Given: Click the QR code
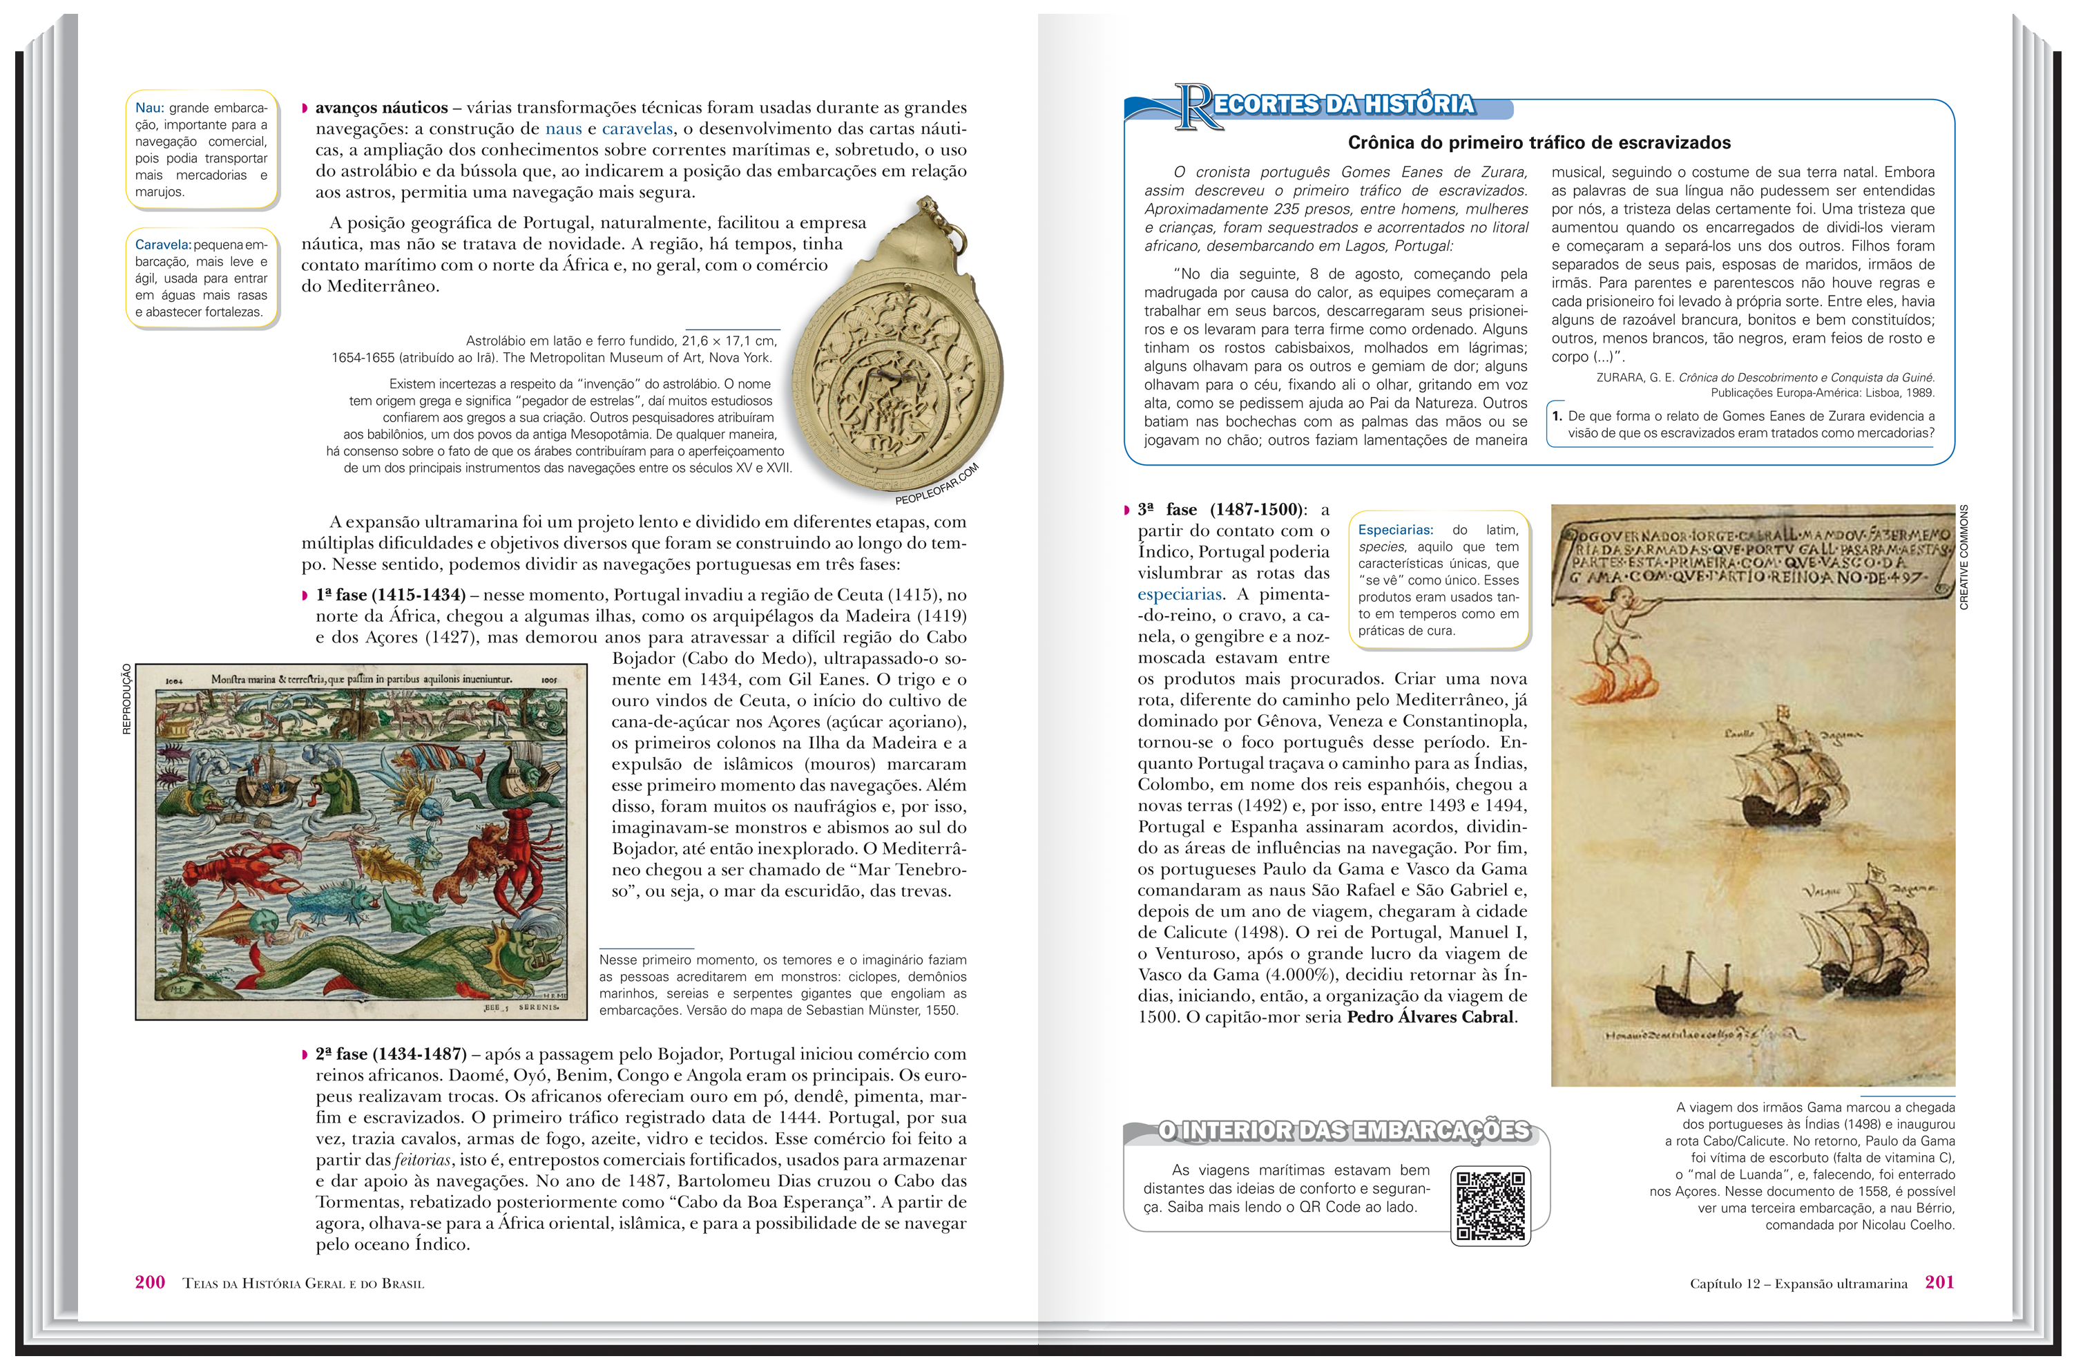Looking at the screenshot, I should pos(1490,1205).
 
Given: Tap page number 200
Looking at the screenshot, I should pos(150,1282).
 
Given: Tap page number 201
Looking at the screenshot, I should pos(1939,1282).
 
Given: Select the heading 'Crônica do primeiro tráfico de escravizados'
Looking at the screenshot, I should pos(1539,142).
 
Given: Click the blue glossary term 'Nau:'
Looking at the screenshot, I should pos(150,108).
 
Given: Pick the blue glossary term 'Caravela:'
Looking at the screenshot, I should pos(163,245).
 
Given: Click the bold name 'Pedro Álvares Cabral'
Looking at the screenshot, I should pos(1430,1017).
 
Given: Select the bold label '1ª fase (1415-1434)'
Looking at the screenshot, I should pos(390,595).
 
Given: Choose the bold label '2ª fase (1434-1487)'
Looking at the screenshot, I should pos(391,1054).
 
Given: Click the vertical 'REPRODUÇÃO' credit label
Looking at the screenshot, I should pos(127,698).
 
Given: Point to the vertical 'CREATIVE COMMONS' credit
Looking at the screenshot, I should pos(1963,557).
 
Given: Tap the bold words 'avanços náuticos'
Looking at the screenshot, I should pos(381,108).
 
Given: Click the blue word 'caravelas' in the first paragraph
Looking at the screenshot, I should pos(637,128).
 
